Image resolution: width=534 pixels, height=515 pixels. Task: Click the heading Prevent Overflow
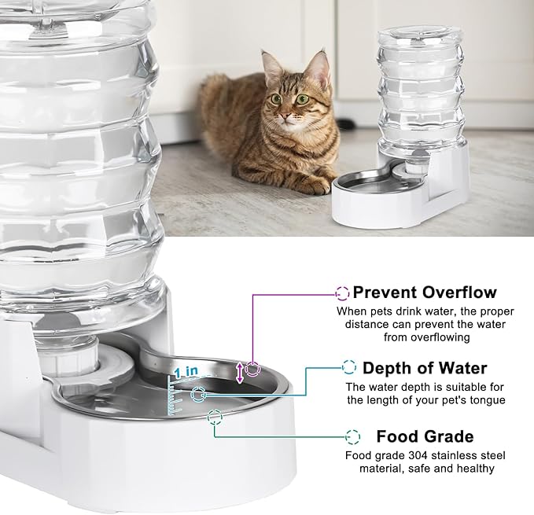[x=425, y=292]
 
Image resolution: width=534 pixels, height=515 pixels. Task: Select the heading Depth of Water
[x=425, y=368]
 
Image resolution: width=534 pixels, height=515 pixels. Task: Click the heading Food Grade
[x=425, y=436]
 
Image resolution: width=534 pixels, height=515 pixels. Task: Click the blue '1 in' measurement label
[x=186, y=371]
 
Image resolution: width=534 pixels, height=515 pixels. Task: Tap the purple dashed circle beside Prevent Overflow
[x=342, y=292]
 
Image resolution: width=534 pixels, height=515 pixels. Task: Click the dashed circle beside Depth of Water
[x=349, y=366]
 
